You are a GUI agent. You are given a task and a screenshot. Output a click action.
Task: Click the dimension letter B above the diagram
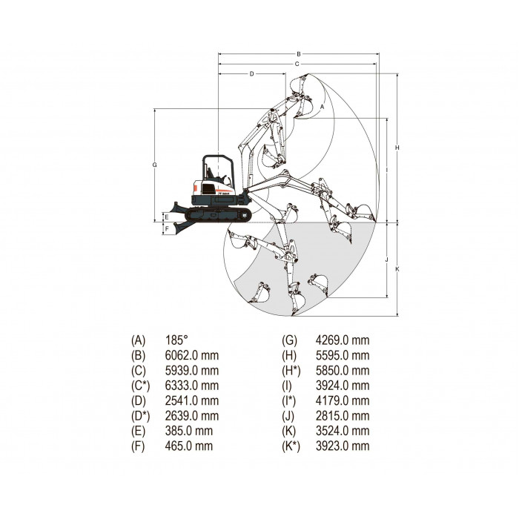pyautogui.click(x=298, y=54)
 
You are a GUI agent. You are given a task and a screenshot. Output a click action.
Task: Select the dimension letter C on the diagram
pyautogui.click(x=297, y=64)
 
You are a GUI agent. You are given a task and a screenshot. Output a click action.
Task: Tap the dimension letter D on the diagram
pyautogui.click(x=251, y=74)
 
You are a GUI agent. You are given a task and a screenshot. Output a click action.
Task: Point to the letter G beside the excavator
pyautogui.click(x=154, y=165)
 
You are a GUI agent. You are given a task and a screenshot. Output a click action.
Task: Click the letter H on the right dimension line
pyautogui.click(x=397, y=148)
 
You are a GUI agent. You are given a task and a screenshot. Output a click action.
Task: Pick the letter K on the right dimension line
pyautogui.click(x=397, y=269)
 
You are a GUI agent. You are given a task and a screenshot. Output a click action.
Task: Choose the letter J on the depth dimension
pyautogui.click(x=386, y=259)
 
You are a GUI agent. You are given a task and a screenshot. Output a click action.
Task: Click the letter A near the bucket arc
pyautogui.click(x=322, y=107)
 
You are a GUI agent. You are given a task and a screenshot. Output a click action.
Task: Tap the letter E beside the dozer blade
pyautogui.click(x=167, y=217)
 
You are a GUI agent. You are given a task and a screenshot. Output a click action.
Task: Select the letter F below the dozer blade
pyautogui.click(x=167, y=228)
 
